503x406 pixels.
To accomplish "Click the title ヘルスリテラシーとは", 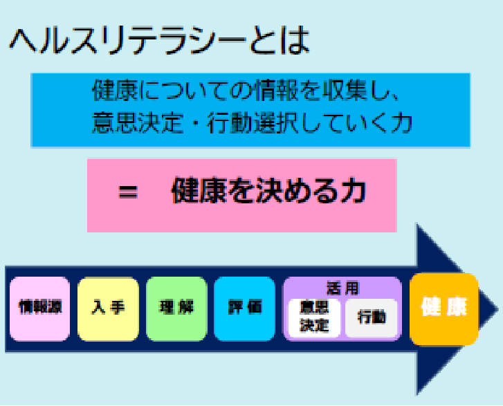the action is pyautogui.click(x=159, y=41).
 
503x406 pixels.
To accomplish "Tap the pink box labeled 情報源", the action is pyautogui.click(x=39, y=309).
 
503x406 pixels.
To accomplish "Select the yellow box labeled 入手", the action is pyautogui.click(x=108, y=309).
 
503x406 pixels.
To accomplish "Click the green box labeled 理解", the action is pyautogui.click(x=176, y=309).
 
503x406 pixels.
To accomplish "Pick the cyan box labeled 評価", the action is pyautogui.click(x=244, y=309).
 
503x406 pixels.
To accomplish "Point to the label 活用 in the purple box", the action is pyautogui.click(x=342, y=288).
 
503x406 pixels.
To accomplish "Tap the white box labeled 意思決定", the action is pyautogui.click(x=314, y=317).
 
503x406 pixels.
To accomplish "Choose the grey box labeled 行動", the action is pyautogui.click(x=372, y=317).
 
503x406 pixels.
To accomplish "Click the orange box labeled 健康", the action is pyautogui.click(x=444, y=309).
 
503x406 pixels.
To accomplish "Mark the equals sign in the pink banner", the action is pyautogui.click(x=128, y=192).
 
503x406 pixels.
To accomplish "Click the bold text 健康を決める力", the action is pyautogui.click(x=269, y=191).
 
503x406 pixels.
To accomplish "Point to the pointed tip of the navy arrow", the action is pyautogui.click(x=498, y=309).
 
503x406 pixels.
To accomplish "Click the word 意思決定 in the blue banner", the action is pyautogui.click(x=138, y=123).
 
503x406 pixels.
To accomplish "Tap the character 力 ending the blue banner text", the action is pyautogui.click(x=402, y=123).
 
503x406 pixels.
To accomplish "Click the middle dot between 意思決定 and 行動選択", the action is pyautogui.click(x=195, y=124).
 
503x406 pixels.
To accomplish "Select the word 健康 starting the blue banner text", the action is pyautogui.click(x=115, y=90).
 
